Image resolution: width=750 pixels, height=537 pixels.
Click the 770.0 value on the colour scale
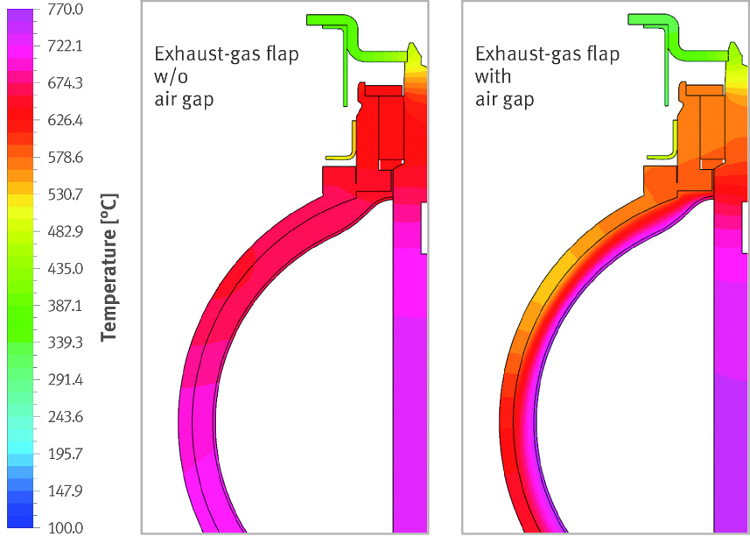(66, 10)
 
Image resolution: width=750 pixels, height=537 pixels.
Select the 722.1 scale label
(66, 46)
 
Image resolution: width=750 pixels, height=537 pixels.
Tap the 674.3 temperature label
(66, 83)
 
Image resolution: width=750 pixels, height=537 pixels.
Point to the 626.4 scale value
(66, 120)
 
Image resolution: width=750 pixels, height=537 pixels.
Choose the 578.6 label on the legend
(66, 158)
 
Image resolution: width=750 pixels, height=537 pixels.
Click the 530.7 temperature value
(66, 194)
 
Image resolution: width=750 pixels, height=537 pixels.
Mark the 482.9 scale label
(66, 231)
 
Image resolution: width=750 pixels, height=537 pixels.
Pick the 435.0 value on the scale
(66, 268)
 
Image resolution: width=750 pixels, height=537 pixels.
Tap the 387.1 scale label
(66, 306)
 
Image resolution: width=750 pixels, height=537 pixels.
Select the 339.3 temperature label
(66, 343)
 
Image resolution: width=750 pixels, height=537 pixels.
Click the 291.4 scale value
(66, 380)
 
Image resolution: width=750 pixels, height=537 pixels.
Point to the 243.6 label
(66, 417)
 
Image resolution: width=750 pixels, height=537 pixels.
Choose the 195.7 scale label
(66, 454)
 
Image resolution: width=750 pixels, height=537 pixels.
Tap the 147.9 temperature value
(66, 491)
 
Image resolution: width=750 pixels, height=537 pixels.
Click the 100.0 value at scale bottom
(66, 528)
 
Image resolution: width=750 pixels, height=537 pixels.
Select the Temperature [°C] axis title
(110, 267)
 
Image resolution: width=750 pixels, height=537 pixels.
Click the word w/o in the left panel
(170, 77)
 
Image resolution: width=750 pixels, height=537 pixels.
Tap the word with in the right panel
(493, 77)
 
